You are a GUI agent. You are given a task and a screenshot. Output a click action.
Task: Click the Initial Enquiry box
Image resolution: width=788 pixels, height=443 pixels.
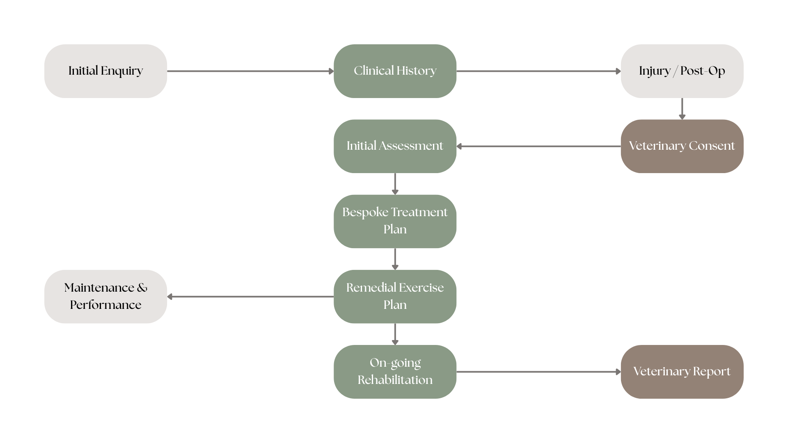[105, 71]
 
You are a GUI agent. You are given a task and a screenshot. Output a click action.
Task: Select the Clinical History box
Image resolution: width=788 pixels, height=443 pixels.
[395, 71]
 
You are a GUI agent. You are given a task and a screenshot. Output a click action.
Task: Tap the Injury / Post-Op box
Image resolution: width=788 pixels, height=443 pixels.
[682, 71]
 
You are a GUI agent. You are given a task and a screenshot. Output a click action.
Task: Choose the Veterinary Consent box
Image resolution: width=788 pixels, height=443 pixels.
[682, 146]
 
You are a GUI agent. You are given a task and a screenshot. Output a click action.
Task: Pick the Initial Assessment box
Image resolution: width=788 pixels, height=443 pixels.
[395, 146]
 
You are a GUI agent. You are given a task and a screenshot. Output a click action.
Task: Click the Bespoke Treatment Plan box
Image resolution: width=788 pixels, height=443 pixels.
[395, 221]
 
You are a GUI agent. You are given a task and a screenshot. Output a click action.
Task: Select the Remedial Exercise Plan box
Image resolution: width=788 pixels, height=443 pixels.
[395, 297]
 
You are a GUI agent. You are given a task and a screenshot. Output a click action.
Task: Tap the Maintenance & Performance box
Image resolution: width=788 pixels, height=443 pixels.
[105, 297]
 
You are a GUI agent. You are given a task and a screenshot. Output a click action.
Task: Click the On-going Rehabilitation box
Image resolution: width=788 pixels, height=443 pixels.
[395, 372]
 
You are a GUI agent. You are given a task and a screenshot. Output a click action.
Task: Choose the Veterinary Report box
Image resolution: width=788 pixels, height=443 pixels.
[682, 372]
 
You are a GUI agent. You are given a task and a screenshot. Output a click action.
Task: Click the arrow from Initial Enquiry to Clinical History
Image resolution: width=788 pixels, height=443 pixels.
[250, 71]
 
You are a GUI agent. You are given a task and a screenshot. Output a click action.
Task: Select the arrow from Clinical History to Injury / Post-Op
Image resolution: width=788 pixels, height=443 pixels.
[538, 71]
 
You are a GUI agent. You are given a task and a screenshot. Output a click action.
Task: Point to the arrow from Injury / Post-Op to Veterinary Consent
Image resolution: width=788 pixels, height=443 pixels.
[682, 109]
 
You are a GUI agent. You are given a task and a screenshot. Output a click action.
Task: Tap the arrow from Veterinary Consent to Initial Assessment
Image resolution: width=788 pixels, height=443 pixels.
[538, 146]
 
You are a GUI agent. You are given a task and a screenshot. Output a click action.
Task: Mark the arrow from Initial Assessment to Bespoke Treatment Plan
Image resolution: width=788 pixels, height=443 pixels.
[395, 184]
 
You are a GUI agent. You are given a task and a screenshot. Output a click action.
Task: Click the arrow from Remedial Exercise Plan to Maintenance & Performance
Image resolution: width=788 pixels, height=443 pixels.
[250, 297]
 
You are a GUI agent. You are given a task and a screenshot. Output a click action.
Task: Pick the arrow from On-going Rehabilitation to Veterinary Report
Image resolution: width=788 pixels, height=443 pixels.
[538, 372]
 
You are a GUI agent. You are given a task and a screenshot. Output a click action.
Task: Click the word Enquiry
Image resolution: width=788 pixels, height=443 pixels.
[122, 71]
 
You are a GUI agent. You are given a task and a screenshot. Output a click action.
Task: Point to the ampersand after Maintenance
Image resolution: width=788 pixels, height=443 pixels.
[142, 288]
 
